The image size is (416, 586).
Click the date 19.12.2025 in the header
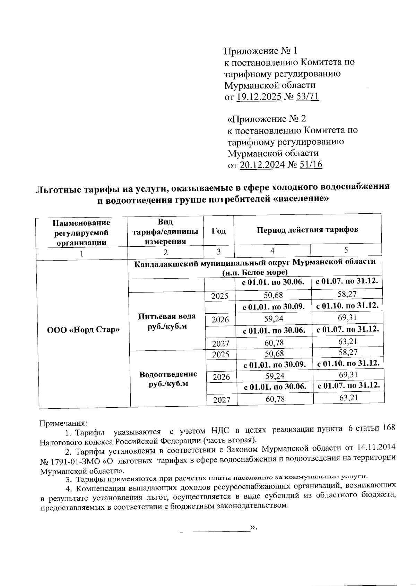point(259,97)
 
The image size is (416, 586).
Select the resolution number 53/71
point(307,97)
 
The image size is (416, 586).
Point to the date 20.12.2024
point(262,164)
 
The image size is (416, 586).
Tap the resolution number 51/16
point(310,164)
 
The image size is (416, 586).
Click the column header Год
point(218,231)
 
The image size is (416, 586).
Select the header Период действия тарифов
point(307,230)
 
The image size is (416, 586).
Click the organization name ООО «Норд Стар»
point(83,330)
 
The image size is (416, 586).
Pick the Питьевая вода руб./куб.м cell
point(167,321)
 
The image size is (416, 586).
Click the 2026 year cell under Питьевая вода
point(220,319)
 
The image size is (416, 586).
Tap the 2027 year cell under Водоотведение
point(222,400)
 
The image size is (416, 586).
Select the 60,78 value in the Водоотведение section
point(275,399)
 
